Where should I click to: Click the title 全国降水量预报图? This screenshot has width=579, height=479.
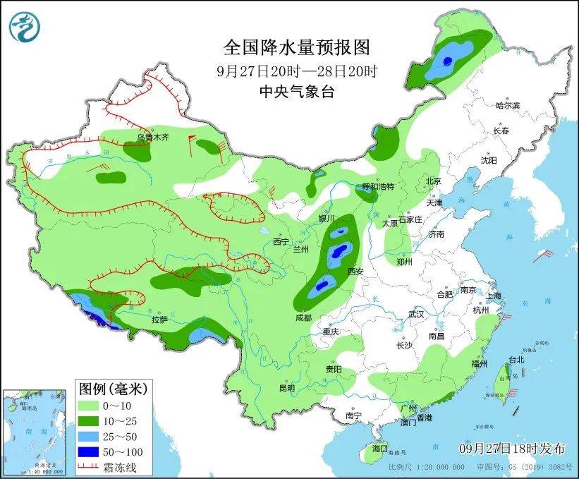[x=296, y=48]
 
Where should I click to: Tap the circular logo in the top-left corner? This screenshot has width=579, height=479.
[x=25, y=26]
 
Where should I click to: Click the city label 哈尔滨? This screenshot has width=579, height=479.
[x=506, y=106]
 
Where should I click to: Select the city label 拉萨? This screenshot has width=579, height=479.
[x=159, y=320]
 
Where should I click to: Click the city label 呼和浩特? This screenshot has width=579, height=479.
[x=378, y=187]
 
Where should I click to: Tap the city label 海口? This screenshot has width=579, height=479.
[x=380, y=448]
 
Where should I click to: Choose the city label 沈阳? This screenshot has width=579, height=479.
[x=489, y=161]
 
